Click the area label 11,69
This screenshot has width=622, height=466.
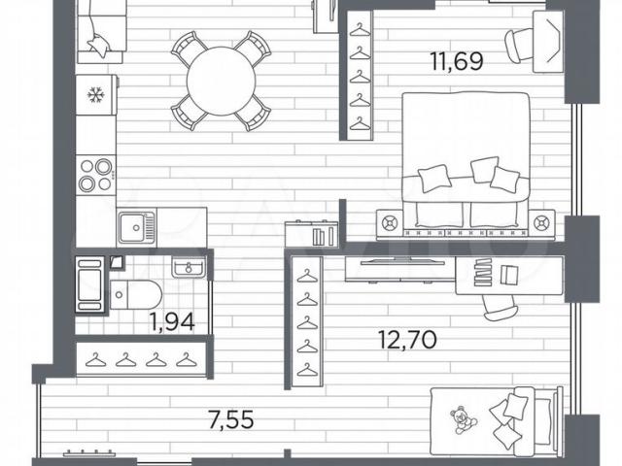point(457,62)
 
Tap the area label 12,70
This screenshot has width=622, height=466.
point(408,340)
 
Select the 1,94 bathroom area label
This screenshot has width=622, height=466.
point(172,321)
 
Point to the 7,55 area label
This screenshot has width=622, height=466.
point(231,420)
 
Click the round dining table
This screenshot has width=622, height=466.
point(221,82)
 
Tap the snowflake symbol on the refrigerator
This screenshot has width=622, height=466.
point(95,95)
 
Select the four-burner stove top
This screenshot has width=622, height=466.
point(96,175)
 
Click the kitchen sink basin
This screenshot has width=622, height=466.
point(136,227)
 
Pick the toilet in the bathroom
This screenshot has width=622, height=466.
point(136,295)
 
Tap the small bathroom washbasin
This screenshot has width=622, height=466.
point(189,266)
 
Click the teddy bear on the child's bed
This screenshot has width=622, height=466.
point(463,419)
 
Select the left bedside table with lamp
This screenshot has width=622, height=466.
point(389,223)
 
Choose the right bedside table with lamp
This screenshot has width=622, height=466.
point(541,223)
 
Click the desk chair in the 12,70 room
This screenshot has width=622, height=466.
point(501,308)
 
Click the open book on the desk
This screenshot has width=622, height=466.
point(509,275)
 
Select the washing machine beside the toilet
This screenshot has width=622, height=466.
point(90,284)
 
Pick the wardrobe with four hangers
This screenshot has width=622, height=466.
point(141,359)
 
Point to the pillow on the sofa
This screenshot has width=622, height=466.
point(98,46)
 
